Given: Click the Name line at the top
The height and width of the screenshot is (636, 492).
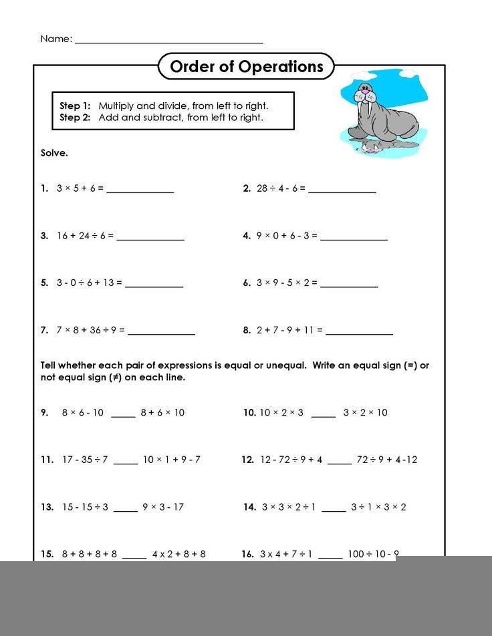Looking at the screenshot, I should pos(168,41).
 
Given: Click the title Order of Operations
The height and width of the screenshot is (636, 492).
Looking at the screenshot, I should pos(246,67).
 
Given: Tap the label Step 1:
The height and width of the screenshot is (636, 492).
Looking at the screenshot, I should pos(75,106).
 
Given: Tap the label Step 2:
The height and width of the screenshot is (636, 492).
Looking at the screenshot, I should pos(75,118).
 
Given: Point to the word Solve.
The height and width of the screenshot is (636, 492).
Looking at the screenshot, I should pos(54,153).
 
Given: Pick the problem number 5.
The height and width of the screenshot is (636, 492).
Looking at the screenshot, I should pos(44,283).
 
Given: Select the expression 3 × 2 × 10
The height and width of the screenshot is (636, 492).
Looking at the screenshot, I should pos(365,412).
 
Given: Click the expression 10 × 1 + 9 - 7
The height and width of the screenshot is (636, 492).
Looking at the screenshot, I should pos(171,460).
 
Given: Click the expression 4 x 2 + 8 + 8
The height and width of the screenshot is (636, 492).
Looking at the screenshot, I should pos(178,554).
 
